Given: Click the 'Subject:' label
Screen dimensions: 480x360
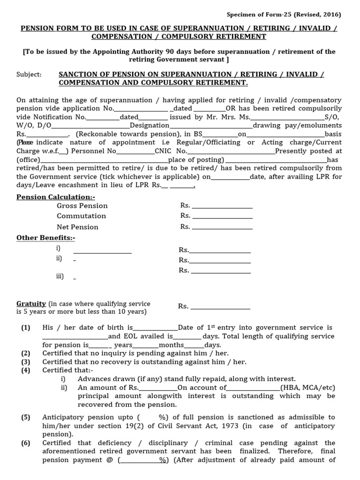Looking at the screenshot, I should [x=29, y=75].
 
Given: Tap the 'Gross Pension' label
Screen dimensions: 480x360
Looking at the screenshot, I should [x=82, y=206].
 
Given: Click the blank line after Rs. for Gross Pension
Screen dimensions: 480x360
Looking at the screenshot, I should [x=222, y=206].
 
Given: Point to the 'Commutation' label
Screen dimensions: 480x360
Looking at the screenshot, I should [x=81, y=216].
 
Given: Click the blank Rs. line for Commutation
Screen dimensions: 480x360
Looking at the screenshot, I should [x=222, y=217].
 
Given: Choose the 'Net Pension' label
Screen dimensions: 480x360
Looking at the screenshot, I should [x=77, y=227].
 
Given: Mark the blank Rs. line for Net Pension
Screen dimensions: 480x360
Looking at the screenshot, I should [x=222, y=227].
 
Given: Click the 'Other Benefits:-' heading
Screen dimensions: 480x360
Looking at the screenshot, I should [x=46, y=238].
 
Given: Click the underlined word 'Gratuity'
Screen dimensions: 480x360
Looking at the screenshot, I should [x=31, y=304].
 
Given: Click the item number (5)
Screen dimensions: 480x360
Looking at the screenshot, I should [x=26, y=417].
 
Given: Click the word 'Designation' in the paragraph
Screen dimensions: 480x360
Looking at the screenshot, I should [x=150, y=126].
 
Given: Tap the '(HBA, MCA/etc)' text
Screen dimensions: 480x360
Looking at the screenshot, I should [x=307, y=388].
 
